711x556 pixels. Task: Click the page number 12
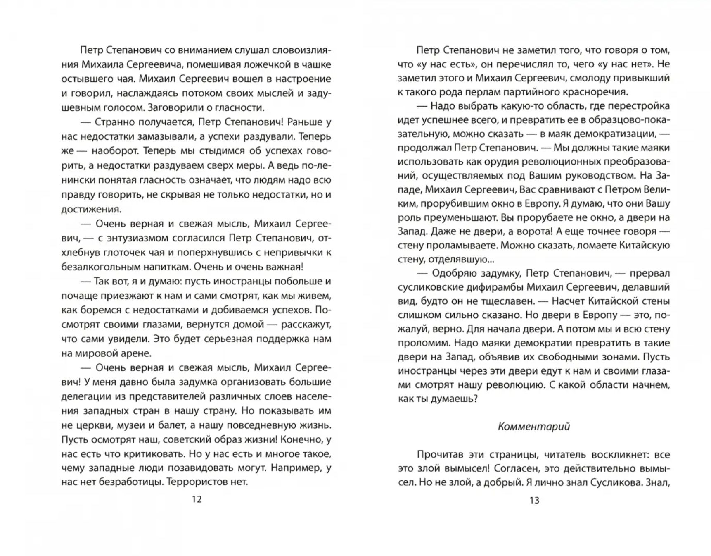(x=197, y=499)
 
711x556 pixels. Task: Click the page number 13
(x=534, y=500)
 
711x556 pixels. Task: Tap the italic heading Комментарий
(x=534, y=427)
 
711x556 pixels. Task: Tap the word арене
(x=138, y=353)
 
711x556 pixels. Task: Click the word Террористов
(x=198, y=482)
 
